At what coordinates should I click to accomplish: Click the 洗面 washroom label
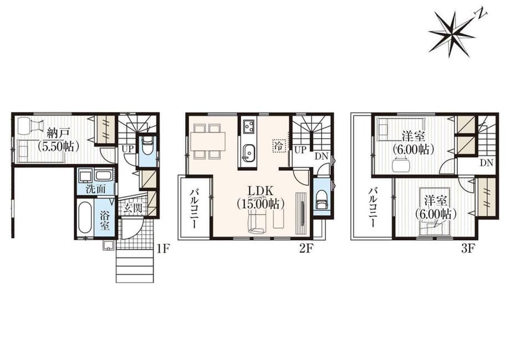95,189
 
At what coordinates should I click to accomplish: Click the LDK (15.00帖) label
261,197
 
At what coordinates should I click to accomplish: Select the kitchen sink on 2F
249,153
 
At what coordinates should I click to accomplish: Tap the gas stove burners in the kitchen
249,126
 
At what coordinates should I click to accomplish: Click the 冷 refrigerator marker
279,145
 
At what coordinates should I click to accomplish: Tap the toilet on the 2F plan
321,198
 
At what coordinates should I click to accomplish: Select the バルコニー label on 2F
195,208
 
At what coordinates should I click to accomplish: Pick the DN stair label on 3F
487,163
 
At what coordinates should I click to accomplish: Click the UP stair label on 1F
128,149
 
